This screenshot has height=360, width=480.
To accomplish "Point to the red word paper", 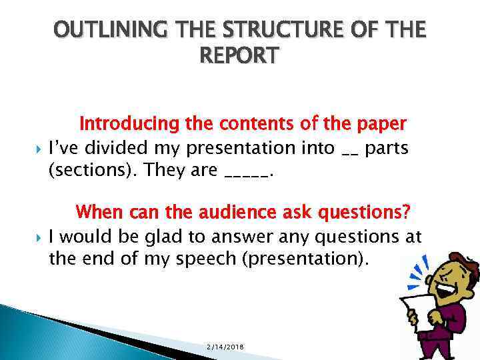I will point(382,124).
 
